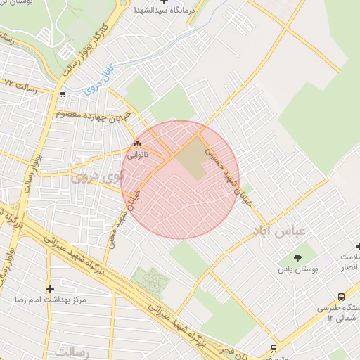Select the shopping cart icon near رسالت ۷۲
[63, 94]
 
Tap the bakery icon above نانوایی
[136, 143]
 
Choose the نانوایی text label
[136, 153]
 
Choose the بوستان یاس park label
[297, 269]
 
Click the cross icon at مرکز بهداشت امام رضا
[50, 289]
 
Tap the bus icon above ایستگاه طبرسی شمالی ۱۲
[341, 297]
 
